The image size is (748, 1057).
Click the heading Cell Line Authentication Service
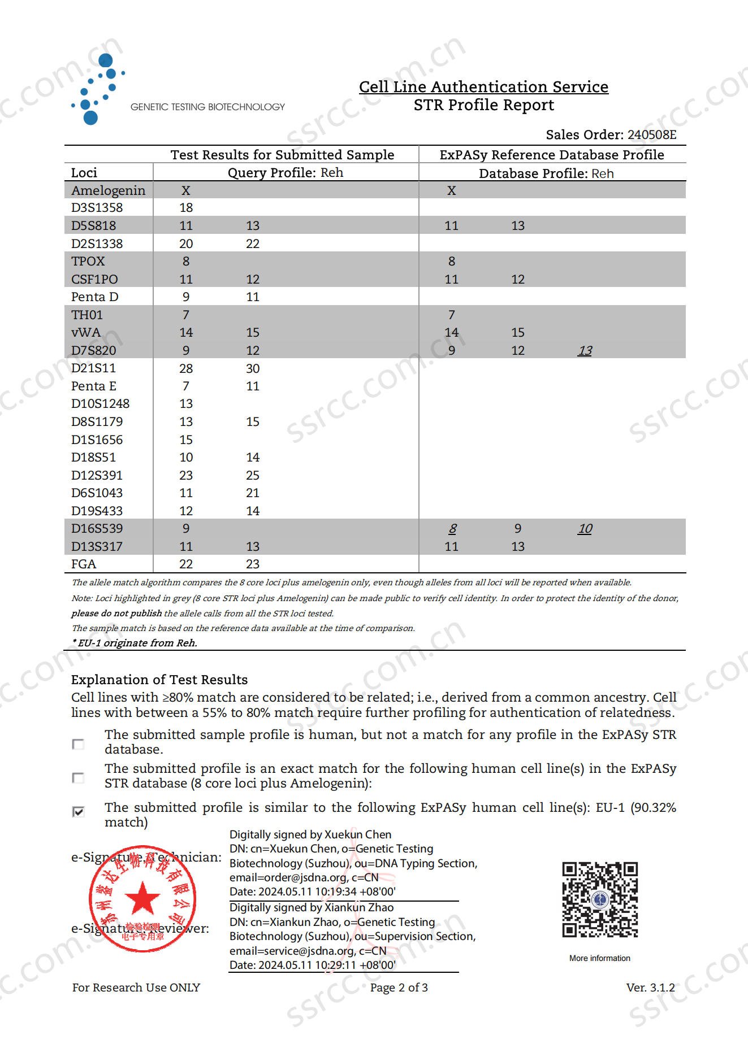(483, 87)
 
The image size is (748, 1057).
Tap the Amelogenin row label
(108, 190)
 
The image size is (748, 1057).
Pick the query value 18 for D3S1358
(186, 208)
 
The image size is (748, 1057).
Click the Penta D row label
(95, 297)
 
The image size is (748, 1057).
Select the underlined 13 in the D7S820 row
(585, 351)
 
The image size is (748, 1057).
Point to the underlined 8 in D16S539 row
(452, 529)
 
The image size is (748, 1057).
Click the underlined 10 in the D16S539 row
(585, 529)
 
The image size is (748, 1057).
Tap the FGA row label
(84, 564)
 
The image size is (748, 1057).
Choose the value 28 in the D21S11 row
(186, 369)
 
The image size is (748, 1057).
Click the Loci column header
(84, 173)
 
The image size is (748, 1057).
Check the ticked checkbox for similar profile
(79, 811)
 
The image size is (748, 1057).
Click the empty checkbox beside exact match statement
(79, 778)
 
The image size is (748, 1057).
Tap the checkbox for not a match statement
(79, 744)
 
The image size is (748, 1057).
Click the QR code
(600, 899)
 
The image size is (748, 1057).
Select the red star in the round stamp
(142, 898)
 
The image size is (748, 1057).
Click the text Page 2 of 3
(399, 988)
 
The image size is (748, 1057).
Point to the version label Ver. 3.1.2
(650, 988)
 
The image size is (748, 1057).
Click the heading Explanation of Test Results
(159, 680)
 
